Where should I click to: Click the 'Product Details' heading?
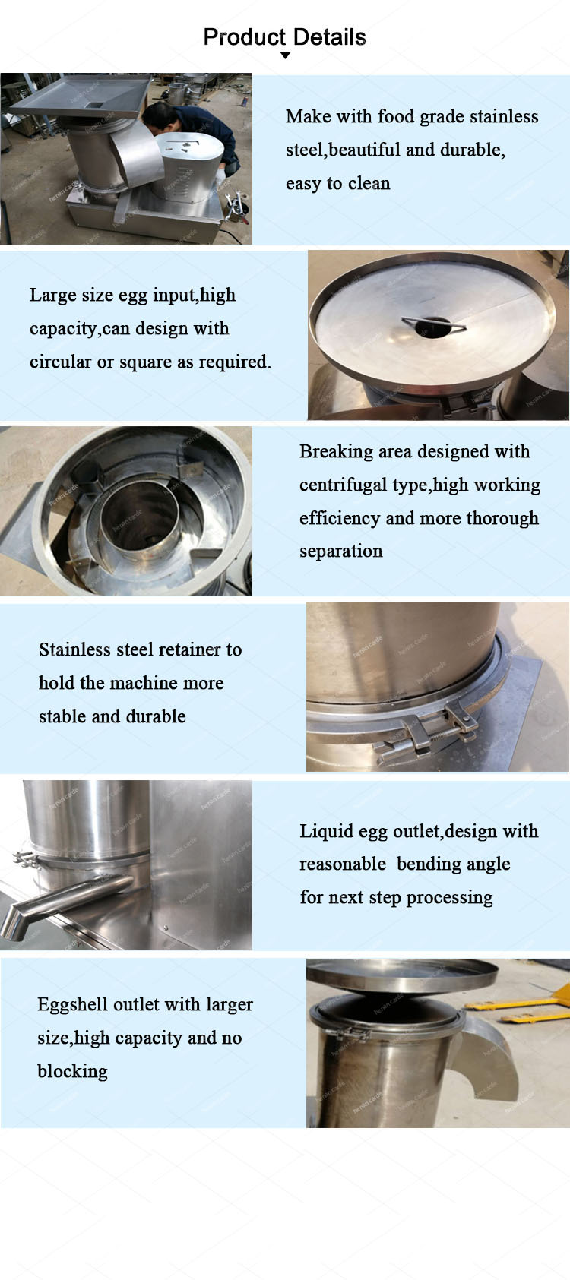click(x=285, y=37)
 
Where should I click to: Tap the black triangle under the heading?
click(x=285, y=55)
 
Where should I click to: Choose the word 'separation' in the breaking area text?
click(x=341, y=551)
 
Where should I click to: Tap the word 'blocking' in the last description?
click(x=73, y=1071)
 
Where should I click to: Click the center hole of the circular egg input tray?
click(x=432, y=327)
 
